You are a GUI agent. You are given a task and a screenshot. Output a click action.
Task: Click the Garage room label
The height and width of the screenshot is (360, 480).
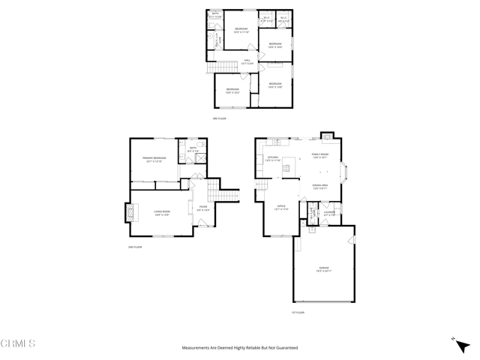click(323, 269)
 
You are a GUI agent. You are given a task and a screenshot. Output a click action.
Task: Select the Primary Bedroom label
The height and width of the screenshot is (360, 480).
click(154, 158)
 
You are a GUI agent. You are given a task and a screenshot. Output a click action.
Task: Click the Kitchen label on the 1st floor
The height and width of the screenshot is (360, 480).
click(272, 158)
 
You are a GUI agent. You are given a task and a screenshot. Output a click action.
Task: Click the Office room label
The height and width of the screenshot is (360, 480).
click(281, 206)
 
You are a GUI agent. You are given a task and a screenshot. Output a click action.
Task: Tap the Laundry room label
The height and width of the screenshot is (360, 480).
click(329, 213)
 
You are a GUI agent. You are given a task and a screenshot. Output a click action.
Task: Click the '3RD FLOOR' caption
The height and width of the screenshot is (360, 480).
click(219, 118)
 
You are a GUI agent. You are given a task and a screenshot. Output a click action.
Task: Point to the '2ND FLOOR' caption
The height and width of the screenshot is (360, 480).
click(135, 247)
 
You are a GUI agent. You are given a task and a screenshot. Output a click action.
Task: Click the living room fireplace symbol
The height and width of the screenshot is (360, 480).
click(128, 213)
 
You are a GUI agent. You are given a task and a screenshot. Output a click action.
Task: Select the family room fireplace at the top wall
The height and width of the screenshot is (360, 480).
click(326, 136)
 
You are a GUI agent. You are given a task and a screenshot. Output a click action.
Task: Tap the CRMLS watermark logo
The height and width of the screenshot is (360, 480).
click(18, 343)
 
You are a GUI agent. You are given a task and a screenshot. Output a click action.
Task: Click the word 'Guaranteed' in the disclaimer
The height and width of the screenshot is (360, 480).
click(283, 348)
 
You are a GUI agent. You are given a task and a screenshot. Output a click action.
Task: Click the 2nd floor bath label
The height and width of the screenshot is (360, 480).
click(193, 148)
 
